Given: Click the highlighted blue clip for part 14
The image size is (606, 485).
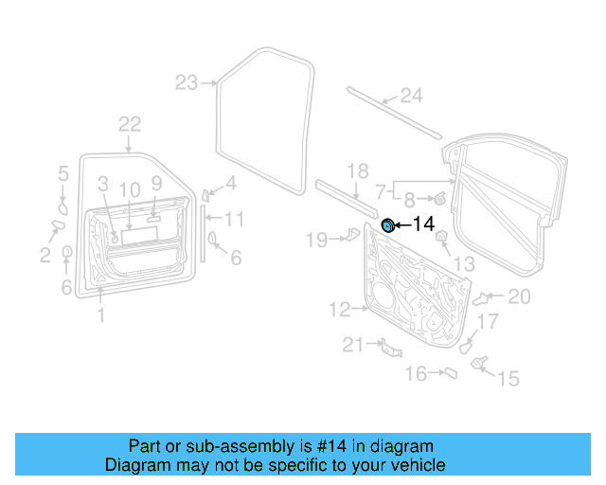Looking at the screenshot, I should tap(387, 225).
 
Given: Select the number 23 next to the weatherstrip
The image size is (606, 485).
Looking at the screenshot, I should tap(187, 83).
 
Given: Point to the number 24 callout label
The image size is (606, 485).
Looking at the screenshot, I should tap(409, 95).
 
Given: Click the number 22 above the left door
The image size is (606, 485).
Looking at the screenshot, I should tap(129, 124).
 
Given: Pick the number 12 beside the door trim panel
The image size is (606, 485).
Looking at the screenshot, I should tap(340, 309).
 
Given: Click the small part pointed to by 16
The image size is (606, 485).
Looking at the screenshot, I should tap(452, 374).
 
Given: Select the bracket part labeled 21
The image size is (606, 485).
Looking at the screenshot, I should tap(386, 349).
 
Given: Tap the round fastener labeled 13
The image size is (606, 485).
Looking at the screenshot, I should tap(440, 248).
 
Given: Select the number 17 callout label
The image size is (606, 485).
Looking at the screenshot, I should tap(486, 322).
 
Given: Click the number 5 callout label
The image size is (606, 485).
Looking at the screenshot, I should tap(63, 173).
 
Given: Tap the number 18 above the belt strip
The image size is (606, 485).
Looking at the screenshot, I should tap(357, 171).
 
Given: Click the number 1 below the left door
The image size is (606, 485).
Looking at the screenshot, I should tap(101, 315).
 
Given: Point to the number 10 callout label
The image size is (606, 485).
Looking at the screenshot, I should tap(130, 189).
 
